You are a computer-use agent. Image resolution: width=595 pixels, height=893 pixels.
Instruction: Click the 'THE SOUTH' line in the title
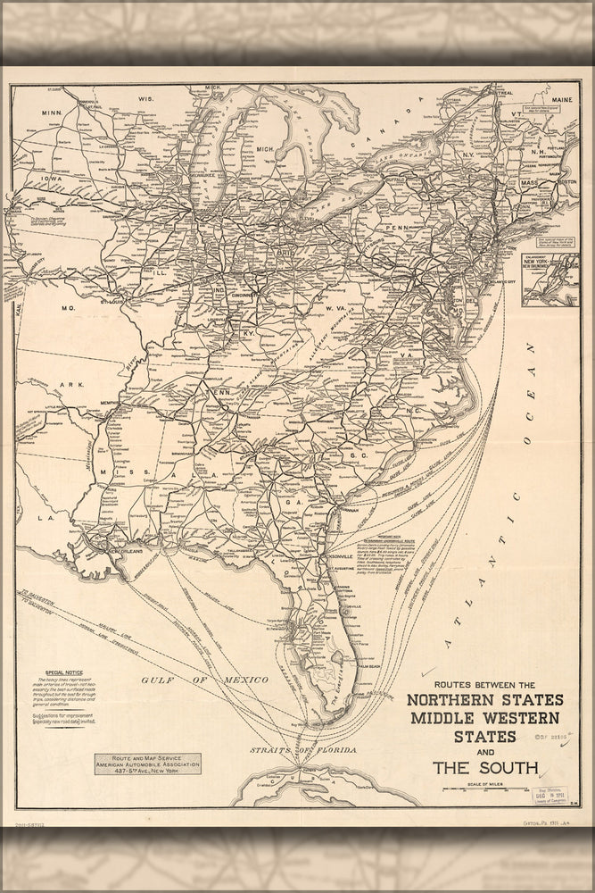tap(485, 766)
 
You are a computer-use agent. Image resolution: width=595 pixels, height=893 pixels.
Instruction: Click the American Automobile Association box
tap(147, 764)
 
